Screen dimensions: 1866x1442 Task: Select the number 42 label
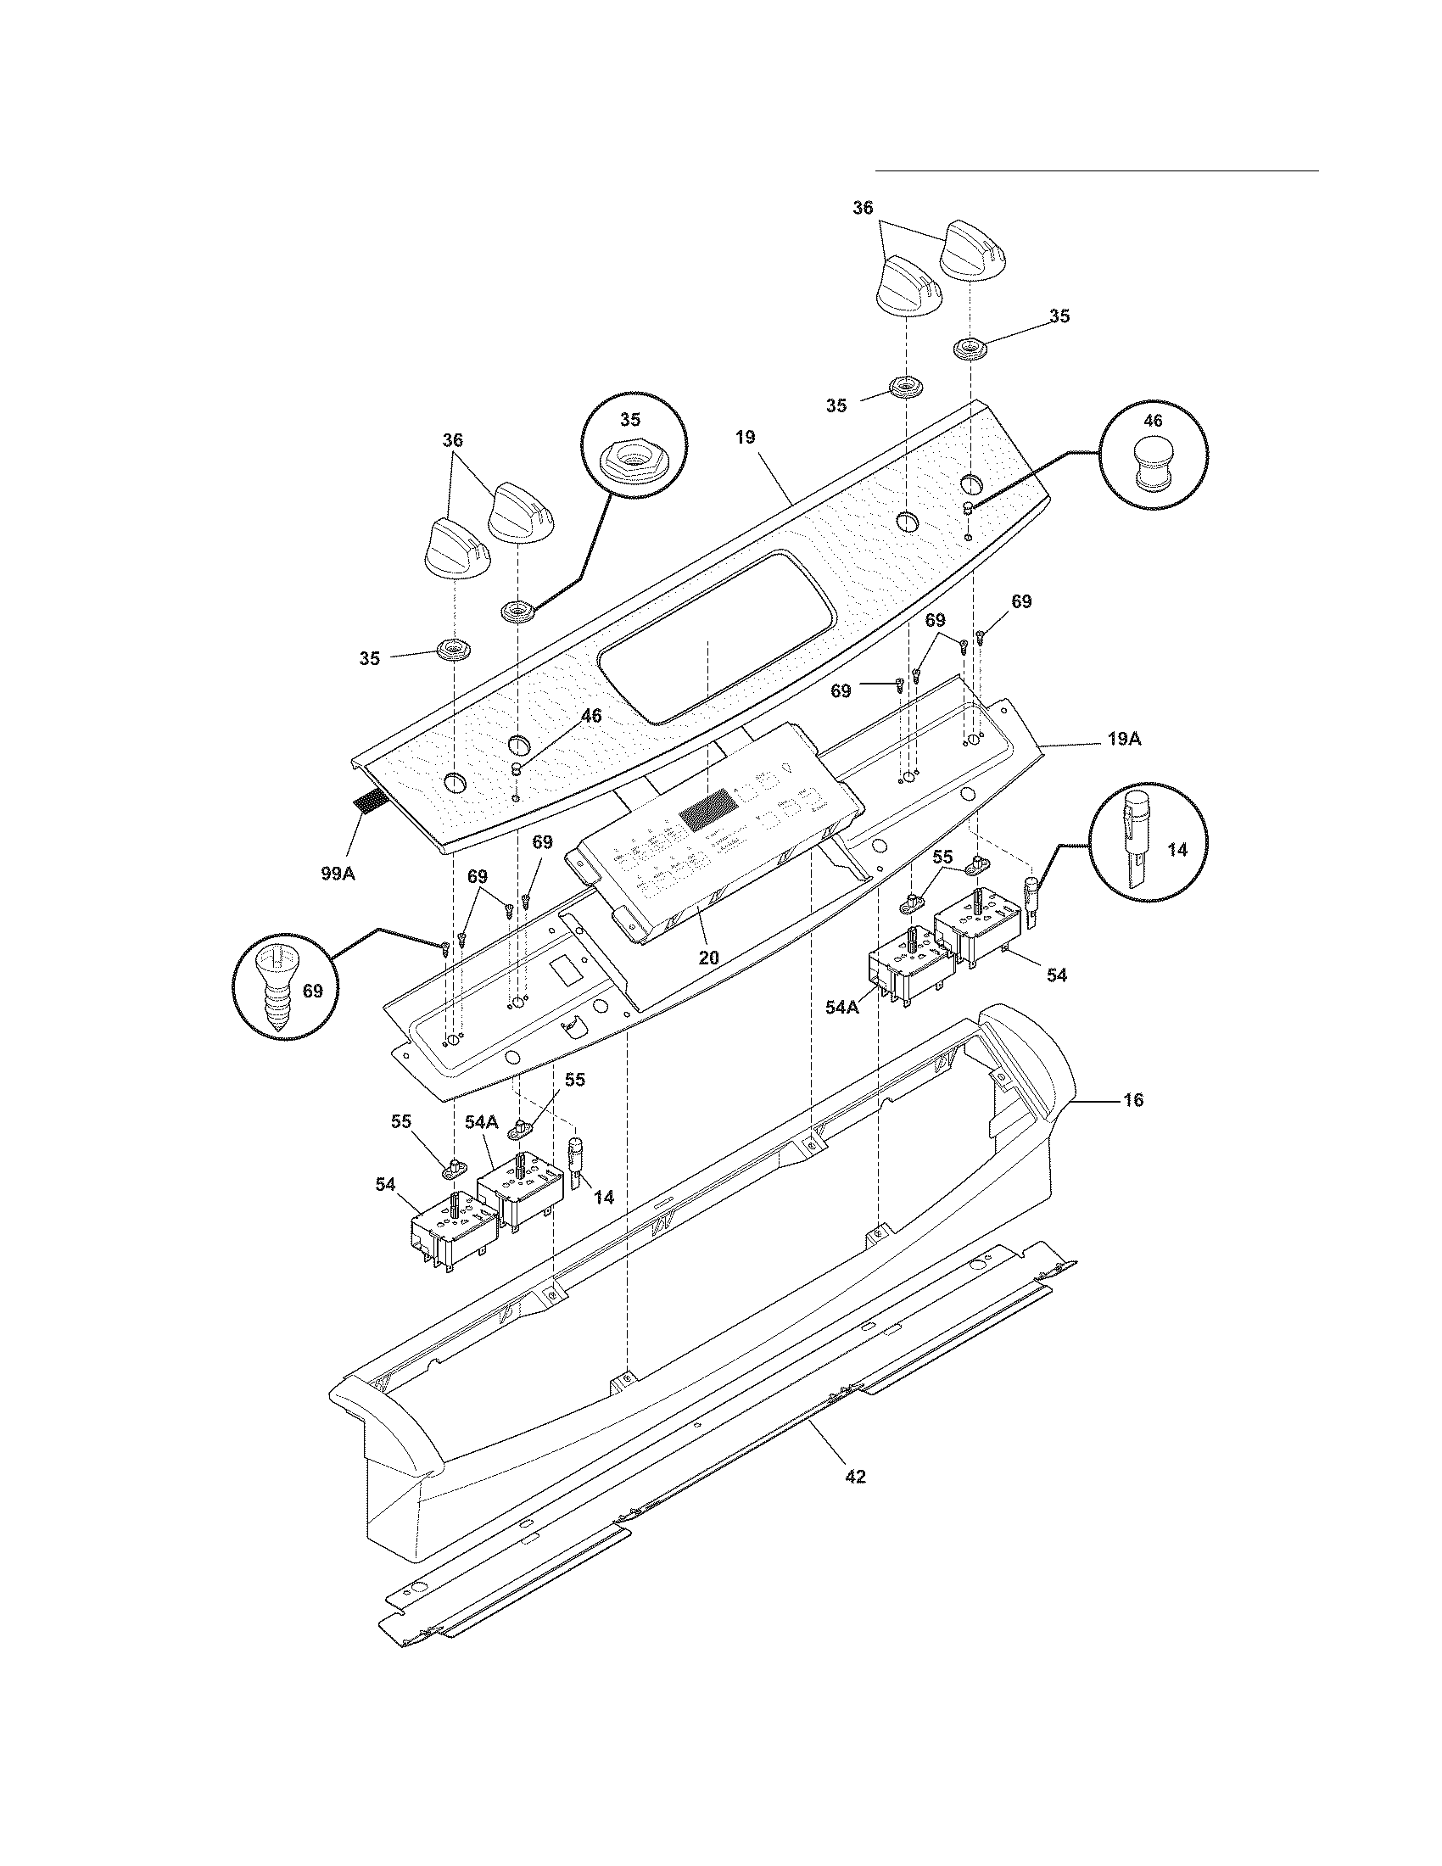pos(855,1476)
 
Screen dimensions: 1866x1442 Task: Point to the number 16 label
pos(1132,1099)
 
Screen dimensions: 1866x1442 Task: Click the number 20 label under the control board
pos(708,958)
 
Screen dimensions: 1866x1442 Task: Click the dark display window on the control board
pos(705,807)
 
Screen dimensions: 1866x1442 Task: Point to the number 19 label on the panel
pos(745,438)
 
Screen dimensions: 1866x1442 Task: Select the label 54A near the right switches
pos(841,1008)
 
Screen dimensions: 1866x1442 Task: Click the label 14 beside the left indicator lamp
pos(604,1197)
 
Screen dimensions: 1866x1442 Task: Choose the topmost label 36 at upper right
pos(863,208)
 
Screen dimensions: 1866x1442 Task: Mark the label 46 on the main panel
pos(590,716)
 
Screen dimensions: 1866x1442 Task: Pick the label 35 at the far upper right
pos(1059,316)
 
